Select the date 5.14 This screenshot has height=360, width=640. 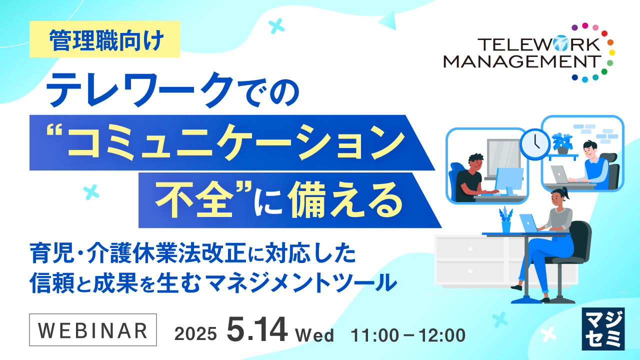point(257,330)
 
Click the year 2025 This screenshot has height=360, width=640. point(195,334)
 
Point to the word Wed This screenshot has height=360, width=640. point(314,334)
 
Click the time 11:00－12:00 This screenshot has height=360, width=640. point(408,334)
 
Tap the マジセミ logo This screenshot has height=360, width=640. point(603,328)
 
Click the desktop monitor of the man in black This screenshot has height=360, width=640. point(509,180)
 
